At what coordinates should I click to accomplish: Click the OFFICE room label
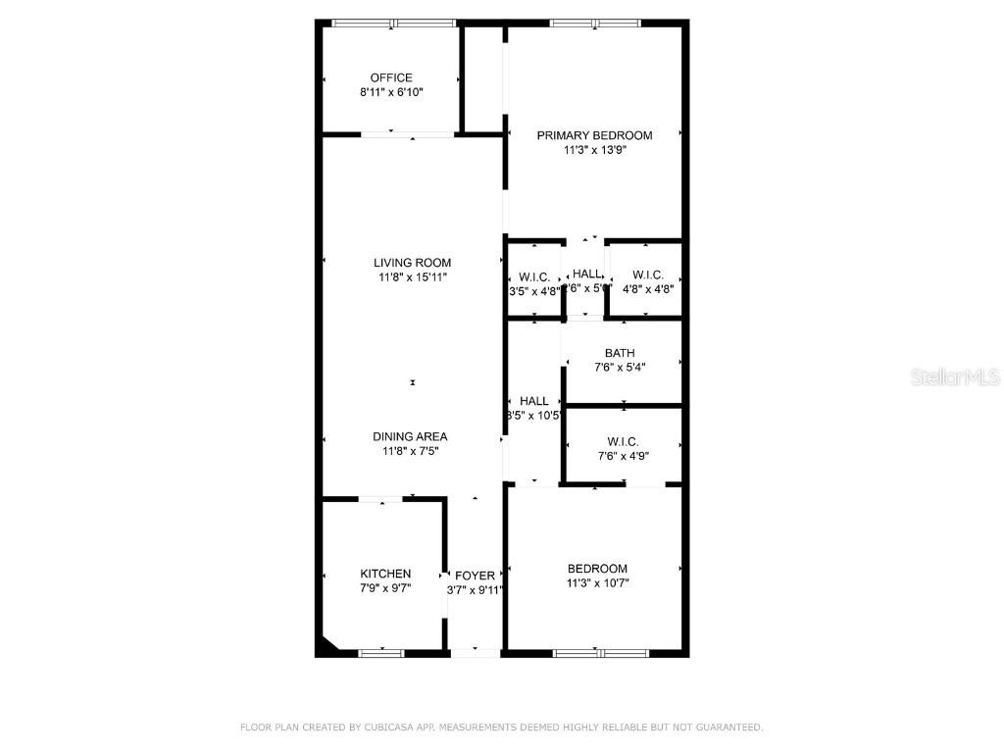(x=391, y=77)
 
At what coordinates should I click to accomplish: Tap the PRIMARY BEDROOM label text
(x=594, y=135)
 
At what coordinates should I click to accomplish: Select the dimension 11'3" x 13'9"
(x=594, y=151)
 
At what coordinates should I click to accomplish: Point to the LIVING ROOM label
(x=412, y=262)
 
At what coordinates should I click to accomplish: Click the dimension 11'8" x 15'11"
(x=412, y=277)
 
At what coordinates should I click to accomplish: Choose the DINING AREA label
(x=410, y=436)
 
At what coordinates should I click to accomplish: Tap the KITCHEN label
(x=385, y=574)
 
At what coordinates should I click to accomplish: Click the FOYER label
(x=476, y=576)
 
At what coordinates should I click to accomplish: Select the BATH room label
(x=620, y=353)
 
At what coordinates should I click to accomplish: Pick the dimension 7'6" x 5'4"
(x=620, y=368)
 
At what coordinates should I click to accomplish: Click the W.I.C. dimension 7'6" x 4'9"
(x=624, y=456)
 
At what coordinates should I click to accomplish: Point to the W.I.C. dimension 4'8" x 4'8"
(x=648, y=289)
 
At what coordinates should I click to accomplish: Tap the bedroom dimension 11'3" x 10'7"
(x=597, y=583)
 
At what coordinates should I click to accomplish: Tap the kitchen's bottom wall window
(x=381, y=653)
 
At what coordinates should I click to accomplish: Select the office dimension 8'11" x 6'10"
(x=391, y=92)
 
